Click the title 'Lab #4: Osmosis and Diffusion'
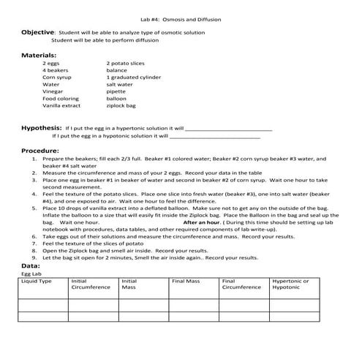point(180,19)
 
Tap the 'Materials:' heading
point(39,55)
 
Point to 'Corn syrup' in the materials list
point(56,77)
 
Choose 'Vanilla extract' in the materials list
point(61,105)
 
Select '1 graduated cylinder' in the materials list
point(135,77)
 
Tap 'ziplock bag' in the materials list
point(121,105)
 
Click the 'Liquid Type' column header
point(37,280)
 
